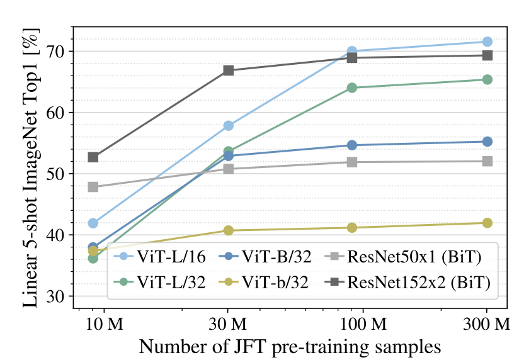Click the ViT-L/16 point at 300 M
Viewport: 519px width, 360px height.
click(x=487, y=42)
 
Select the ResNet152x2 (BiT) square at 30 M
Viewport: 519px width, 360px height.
click(x=229, y=70)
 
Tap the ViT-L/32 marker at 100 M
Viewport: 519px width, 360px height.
click(x=352, y=87)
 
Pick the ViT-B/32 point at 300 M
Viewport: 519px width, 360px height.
click(x=487, y=142)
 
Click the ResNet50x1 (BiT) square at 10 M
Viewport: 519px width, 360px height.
click(x=93, y=187)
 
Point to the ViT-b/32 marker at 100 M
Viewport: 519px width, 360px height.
click(x=352, y=227)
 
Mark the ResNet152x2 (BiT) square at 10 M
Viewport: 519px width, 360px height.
click(x=93, y=157)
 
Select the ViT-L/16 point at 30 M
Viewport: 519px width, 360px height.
click(x=229, y=126)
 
